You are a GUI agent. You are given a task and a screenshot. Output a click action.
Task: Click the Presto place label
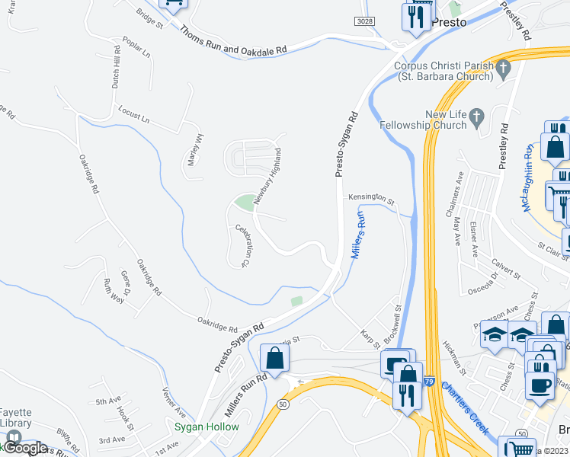[449, 23]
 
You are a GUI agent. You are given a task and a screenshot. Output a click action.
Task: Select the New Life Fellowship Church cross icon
[477, 118]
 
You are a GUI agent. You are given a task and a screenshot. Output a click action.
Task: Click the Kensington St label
[371, 198]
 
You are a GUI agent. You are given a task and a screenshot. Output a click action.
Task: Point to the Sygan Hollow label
[207, 427]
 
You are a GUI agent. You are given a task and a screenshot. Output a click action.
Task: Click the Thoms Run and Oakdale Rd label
[233, 40]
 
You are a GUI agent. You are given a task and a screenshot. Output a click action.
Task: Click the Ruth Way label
[113, 290]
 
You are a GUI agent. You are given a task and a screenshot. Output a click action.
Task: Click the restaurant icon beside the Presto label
[416, 17]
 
